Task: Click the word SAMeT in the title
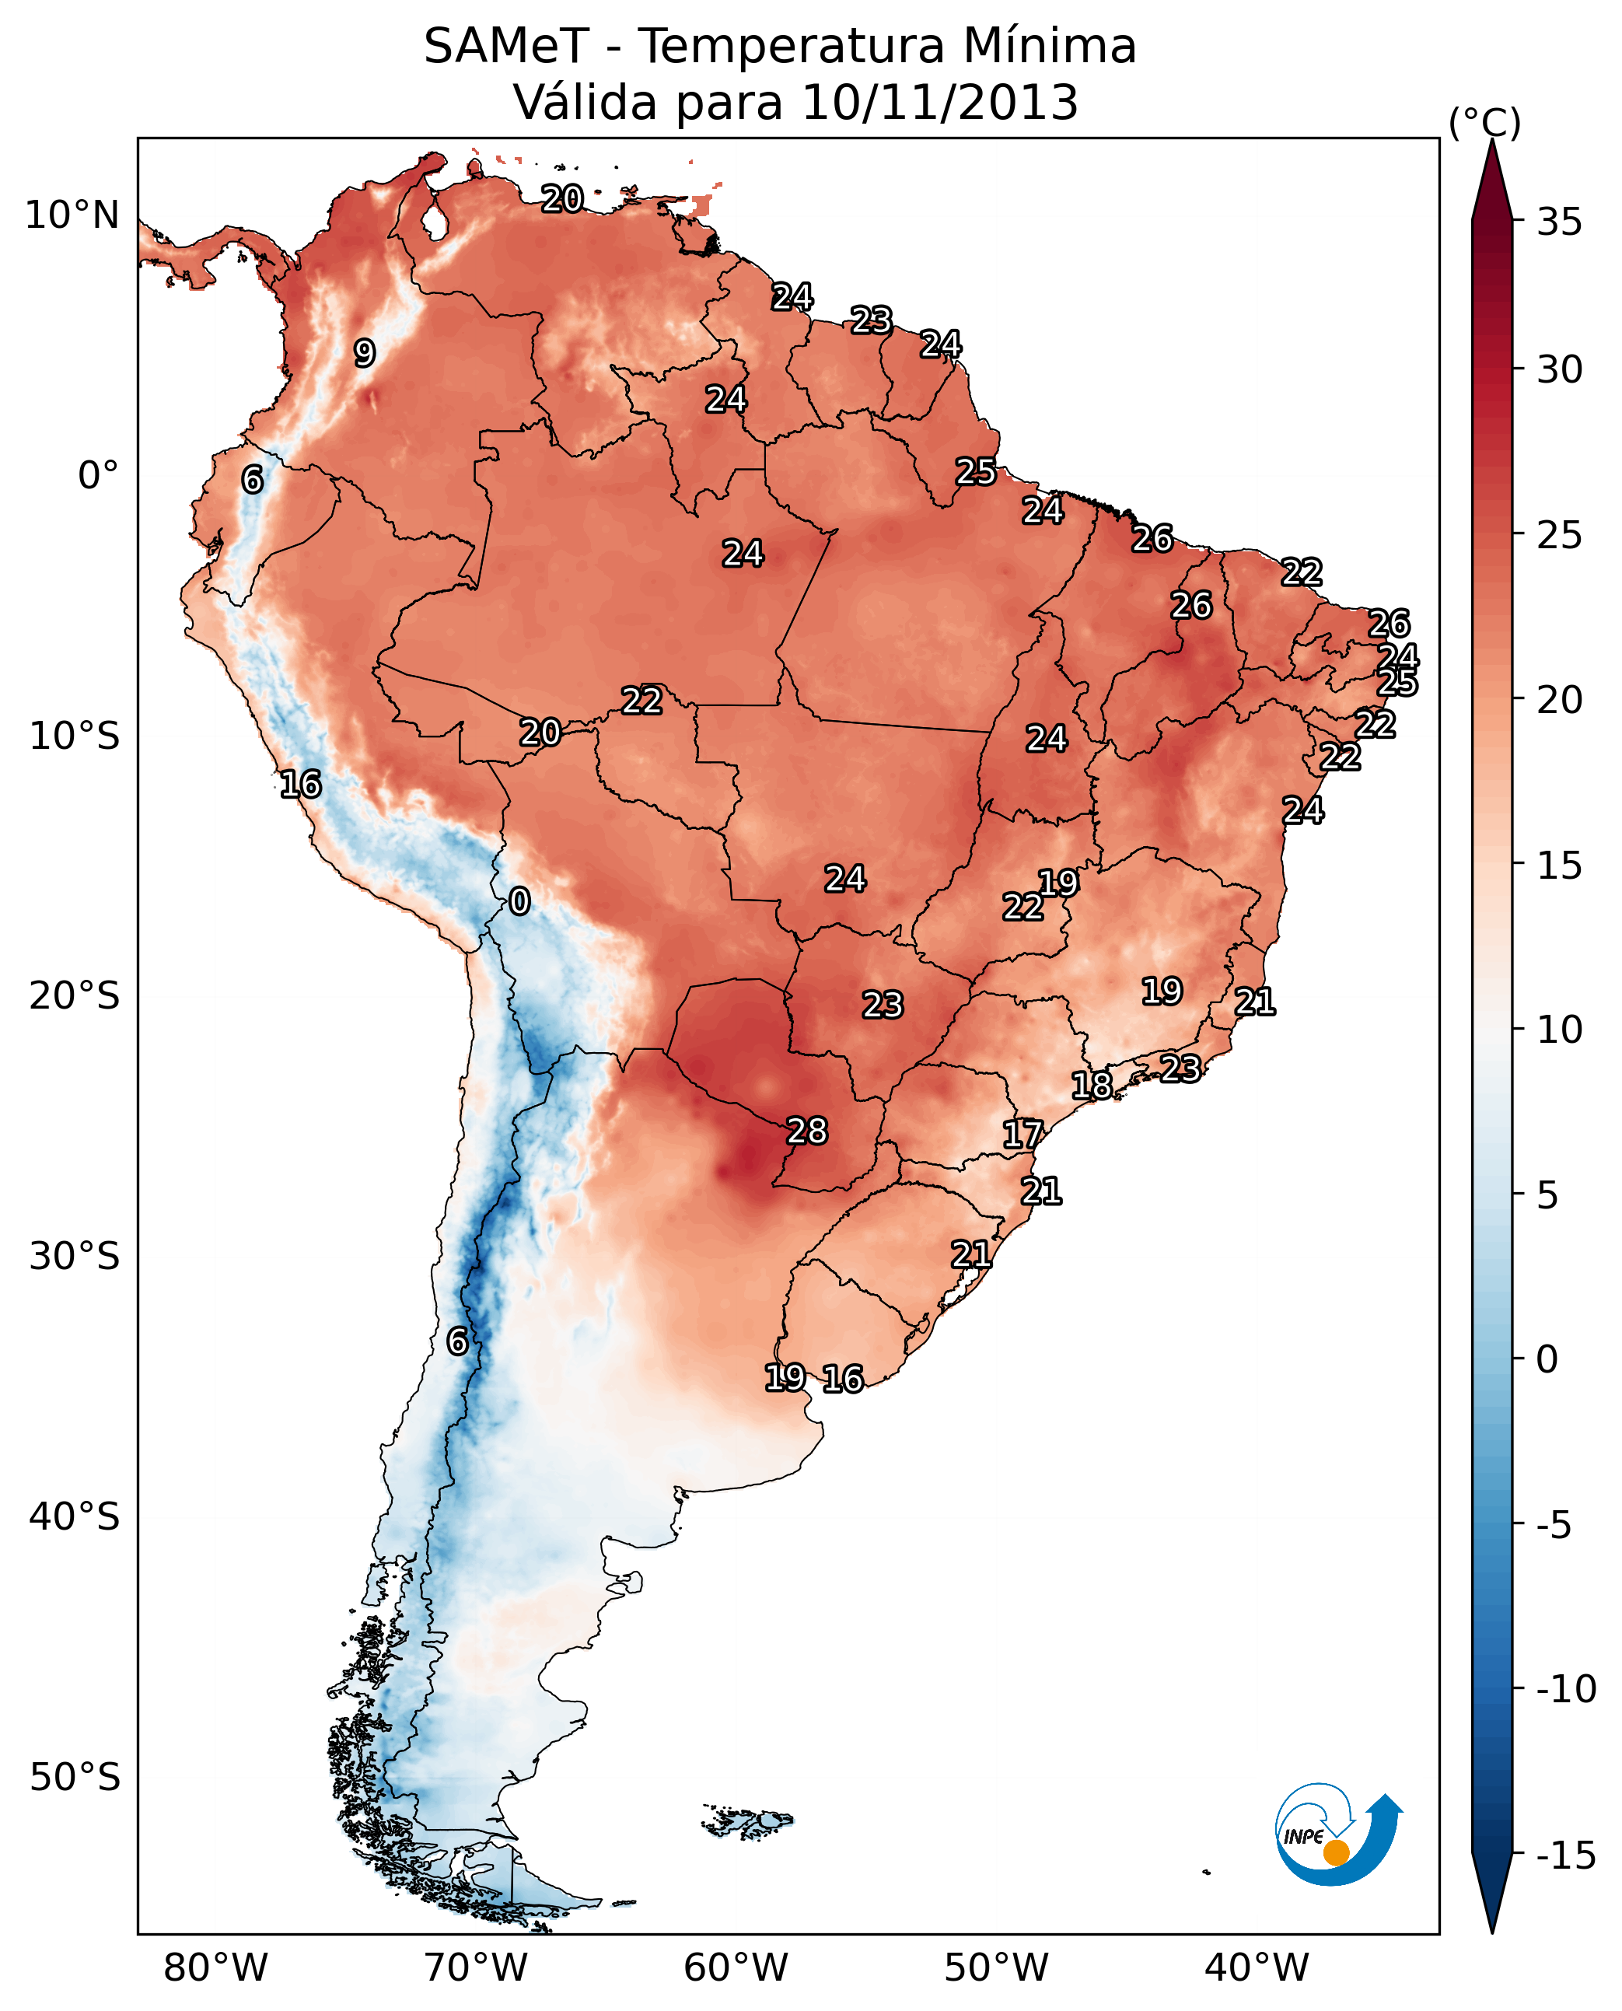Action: (506, 47)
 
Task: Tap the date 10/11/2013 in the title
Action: (940, 103)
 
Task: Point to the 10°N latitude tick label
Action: (72, 216)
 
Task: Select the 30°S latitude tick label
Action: (75, 1257)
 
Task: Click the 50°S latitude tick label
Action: (75, 1776)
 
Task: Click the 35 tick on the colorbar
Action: (1559, 222)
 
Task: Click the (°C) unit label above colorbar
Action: (1484, 122)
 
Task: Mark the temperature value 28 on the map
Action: (807, 1131)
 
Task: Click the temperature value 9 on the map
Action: (365, 353)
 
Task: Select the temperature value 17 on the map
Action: (1022, 1135)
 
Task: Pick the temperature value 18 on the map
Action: (1091, 1086)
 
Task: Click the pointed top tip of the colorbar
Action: (1492, 142)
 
